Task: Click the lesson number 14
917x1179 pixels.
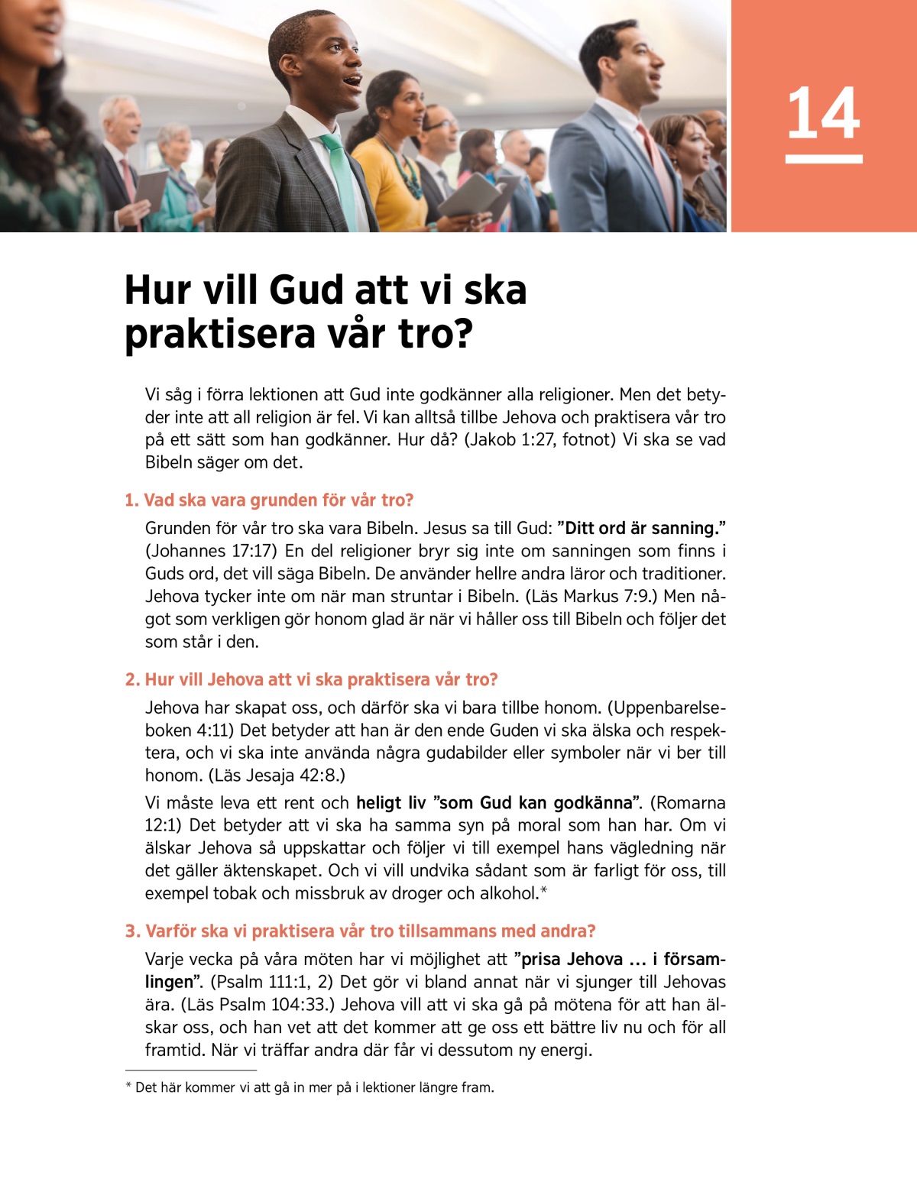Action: click(x=823, y=113)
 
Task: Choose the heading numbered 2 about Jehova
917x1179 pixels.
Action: click(x=311, y=680)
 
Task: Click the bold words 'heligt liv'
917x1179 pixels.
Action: click(x=390, y=803)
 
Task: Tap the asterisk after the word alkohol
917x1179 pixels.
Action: click(x=544, y=892)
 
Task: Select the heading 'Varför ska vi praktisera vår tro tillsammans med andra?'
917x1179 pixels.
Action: click(x=360, y=931)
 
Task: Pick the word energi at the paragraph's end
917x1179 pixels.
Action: click(x=565, y=1051)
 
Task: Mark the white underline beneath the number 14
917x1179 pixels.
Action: click(x=824, y=159)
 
